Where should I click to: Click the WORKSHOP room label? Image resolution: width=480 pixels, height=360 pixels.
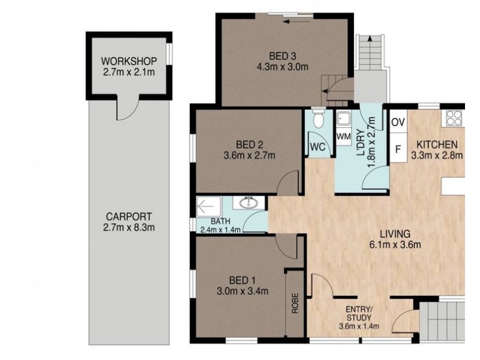(x=129, y=61)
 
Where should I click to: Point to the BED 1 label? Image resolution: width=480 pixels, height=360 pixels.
(x=242, y=280)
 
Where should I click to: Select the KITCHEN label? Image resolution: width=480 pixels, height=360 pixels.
(x=437, y=145)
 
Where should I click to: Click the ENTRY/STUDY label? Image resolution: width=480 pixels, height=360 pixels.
(x=359, y=313)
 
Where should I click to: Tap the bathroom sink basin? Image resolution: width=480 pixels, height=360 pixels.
(x=247, y=204)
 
